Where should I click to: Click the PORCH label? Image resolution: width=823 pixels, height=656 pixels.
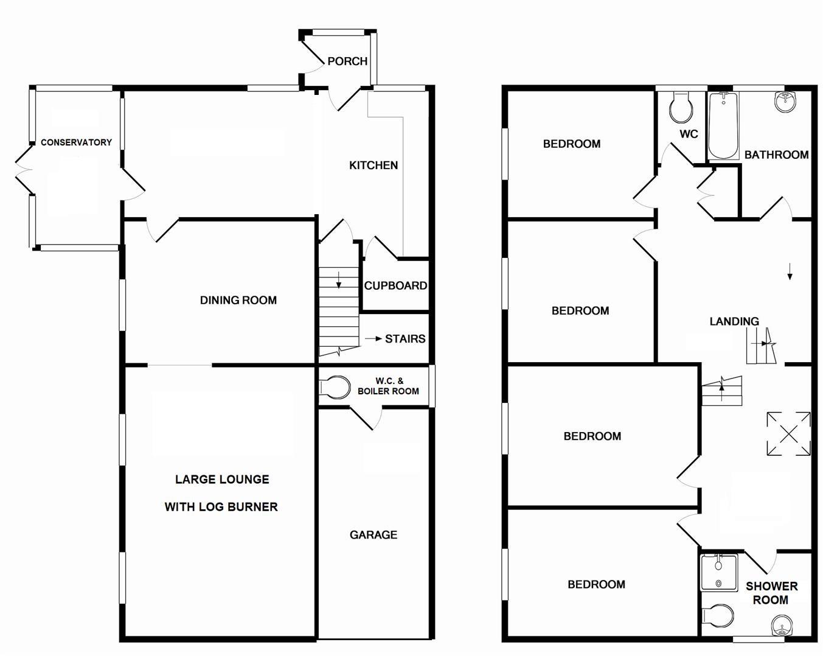347,61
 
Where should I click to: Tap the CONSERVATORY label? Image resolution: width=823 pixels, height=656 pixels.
76,142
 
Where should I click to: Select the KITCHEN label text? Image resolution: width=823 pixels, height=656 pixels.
373,166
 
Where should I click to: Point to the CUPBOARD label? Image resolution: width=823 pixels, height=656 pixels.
395,285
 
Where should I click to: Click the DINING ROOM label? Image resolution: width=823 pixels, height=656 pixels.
238,300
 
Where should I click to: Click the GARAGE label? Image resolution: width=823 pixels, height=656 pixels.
373,535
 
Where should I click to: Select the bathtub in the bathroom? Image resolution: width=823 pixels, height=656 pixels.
723,126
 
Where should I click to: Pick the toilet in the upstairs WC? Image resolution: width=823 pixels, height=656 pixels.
680,108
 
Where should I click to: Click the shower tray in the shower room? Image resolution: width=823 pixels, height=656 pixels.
718,571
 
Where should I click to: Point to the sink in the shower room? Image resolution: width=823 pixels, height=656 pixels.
783,626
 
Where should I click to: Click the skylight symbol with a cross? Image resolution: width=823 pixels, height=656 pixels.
788,434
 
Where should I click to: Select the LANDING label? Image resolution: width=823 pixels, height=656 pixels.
734,321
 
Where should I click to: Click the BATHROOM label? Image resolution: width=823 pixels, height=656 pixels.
776,155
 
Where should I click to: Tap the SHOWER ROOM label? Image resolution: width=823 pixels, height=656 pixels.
771,593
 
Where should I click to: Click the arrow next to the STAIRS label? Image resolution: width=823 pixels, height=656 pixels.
373,339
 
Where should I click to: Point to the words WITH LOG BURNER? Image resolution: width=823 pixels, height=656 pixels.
221,507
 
